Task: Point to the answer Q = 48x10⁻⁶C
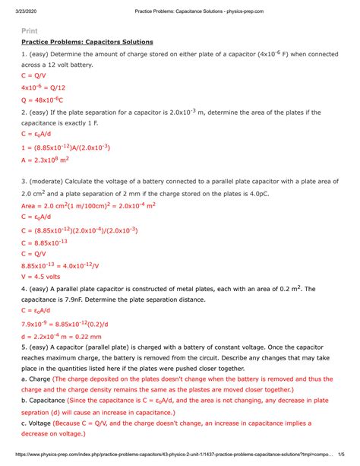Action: tap(43, 100)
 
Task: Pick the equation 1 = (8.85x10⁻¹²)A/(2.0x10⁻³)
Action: tap(66, 147)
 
